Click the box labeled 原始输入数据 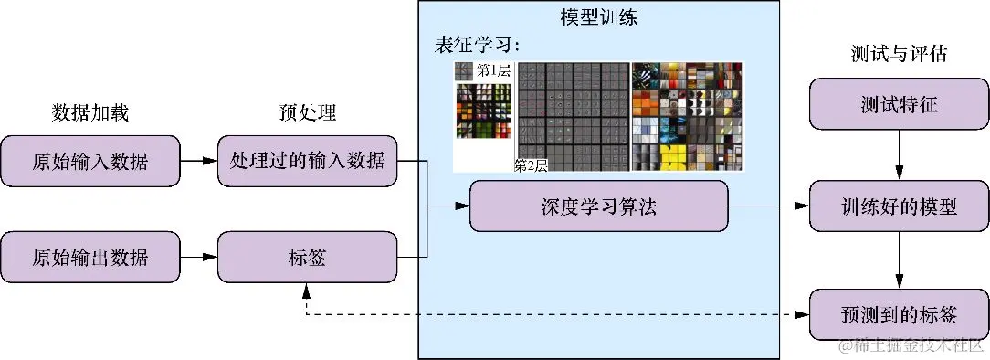(90, 161)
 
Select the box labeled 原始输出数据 (90, 257)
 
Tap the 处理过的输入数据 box (308, 161)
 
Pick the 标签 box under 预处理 (308, 257)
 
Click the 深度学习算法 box (598, 206)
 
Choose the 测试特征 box (899, 104)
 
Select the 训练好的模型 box (899, 206)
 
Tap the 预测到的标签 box (899, 314)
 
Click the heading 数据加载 (90, 113)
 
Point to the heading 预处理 (308, 113)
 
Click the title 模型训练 (598, 17)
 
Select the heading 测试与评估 (899, 54)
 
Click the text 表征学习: (477, 46)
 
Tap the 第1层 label (493, 69)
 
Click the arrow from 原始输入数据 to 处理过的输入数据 (199, 161)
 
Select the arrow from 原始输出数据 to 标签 (199, 257)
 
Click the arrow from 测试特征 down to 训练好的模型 (899, 155)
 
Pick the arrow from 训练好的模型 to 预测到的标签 (899, 260)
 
